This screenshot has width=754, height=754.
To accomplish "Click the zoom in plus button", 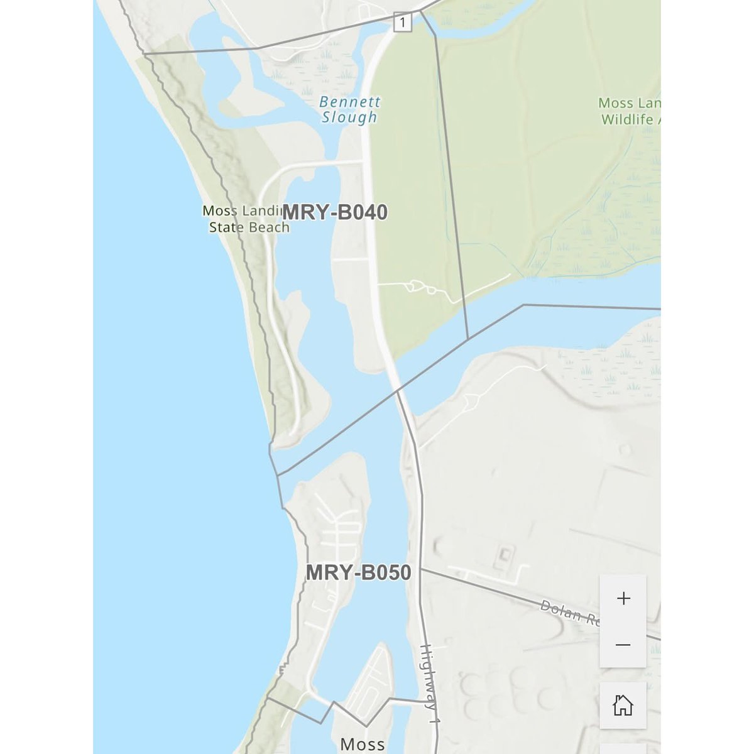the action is tap(623, 598).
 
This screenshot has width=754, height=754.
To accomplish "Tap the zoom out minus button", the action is tap(623, 645).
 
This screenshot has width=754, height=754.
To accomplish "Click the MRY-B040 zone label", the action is tap(335, 213).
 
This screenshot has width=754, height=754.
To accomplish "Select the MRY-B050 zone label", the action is tap(358, 573).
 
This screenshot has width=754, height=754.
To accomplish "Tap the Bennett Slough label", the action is tap(349, 109).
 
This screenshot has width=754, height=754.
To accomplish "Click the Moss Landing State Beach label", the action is tap(246, 219).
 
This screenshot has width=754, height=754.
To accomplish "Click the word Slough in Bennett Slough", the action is tap(349, 117).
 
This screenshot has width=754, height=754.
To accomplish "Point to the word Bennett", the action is tap(349, 101).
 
